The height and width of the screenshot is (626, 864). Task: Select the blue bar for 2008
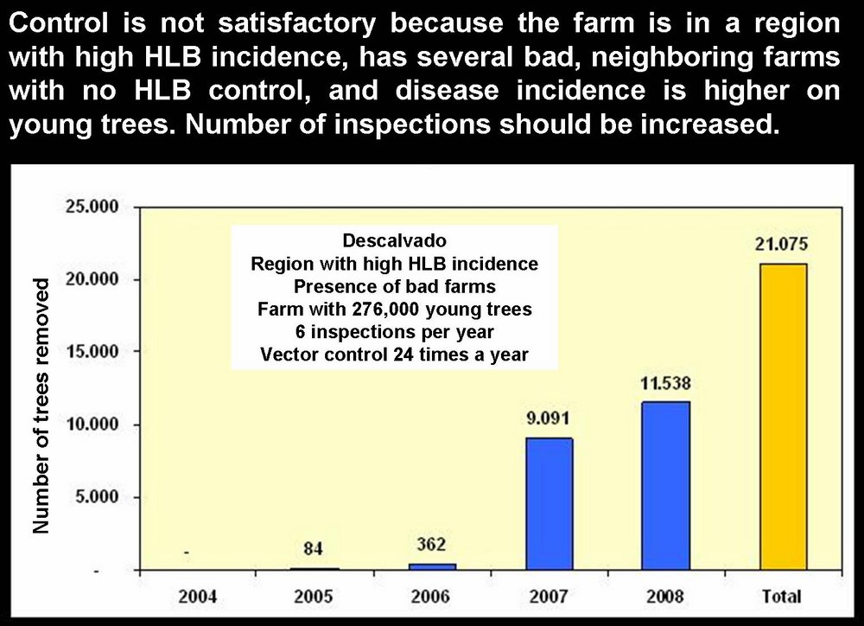click(x=665, y=484)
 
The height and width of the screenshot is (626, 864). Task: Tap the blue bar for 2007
click(x=550, y=503)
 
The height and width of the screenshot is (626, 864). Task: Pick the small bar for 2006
click(x=433, y=566)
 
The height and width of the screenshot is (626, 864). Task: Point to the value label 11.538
click(x=665, y=383)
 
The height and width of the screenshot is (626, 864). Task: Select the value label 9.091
click(x=550, y=419)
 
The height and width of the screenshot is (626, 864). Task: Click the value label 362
click(x=433, y=544)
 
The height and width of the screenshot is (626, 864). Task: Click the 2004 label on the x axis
click(x=200, y=596)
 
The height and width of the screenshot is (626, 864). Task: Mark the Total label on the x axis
click(x=782, y=596)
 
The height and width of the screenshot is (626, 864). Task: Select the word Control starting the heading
click(x=54, y=22)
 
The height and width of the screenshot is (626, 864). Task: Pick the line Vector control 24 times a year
click(x=394, y=354)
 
